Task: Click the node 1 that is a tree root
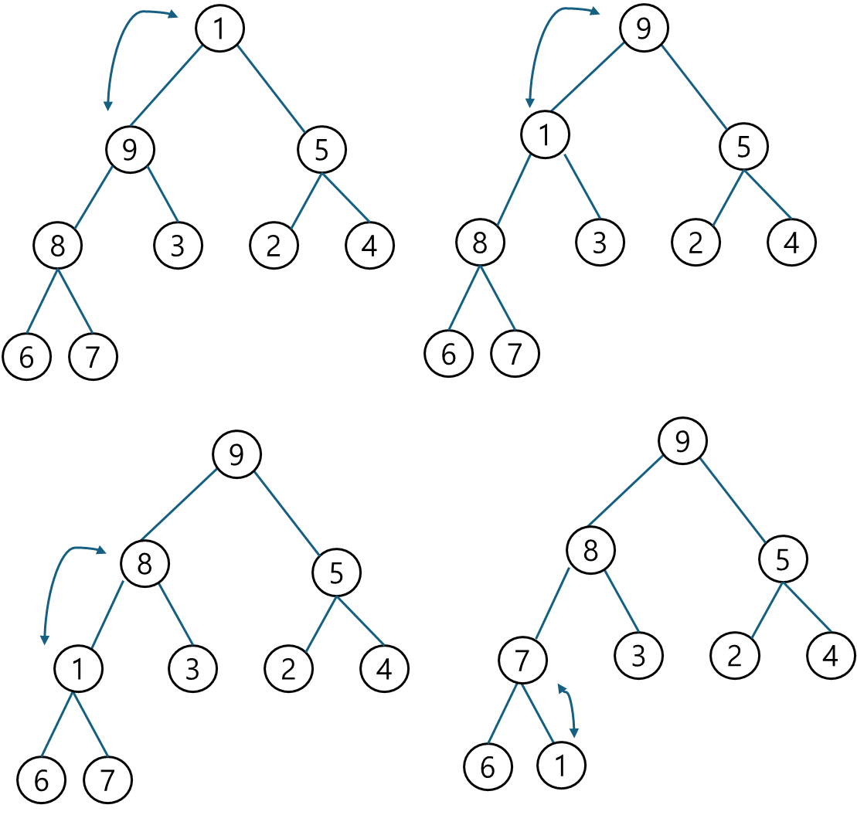coord(220,29)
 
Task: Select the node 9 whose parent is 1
coord(129,149)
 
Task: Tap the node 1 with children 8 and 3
coord(545,135)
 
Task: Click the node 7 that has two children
coord(522,661)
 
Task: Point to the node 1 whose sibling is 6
coord(561,766)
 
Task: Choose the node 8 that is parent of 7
coord(591,552)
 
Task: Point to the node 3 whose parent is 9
coord(178,246)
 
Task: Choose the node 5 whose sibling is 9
coord(321,150)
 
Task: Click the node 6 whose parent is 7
coord(488,767)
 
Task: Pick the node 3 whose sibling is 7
coord(639,656)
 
